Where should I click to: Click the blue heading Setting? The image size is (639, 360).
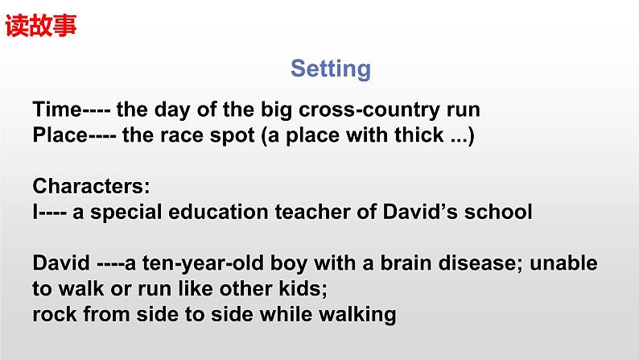point(331,68)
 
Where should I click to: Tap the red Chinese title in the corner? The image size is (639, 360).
point(41,25)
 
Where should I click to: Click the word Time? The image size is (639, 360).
point(57,110)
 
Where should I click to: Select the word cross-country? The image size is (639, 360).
point(369,110)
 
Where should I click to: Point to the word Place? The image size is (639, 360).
point(60,135)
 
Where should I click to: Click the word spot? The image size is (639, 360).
point(233,136)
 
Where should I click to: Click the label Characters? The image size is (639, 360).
point(91,186)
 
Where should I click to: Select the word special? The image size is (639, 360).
point(126,213)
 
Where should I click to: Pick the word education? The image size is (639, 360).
point(218,212)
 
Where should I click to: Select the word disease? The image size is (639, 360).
point(480,263)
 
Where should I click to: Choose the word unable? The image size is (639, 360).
point(563,263)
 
